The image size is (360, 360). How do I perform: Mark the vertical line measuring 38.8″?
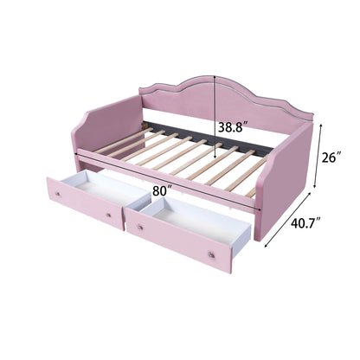[214, 130]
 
